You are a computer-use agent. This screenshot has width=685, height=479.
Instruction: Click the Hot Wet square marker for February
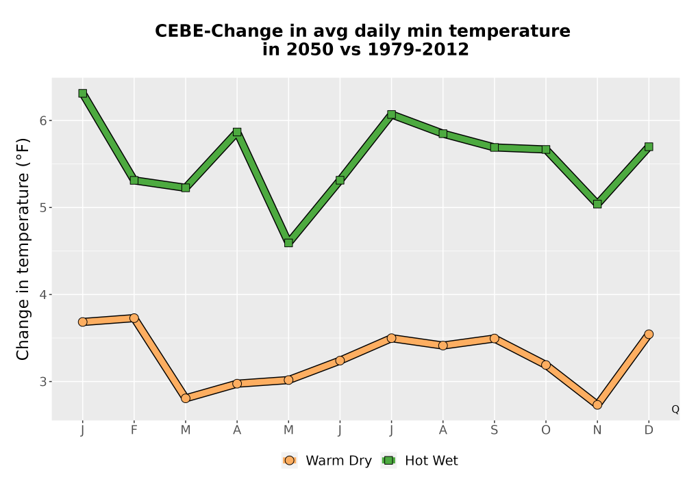pos(134,180)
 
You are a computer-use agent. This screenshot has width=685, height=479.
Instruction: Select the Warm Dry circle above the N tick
pos(597,405)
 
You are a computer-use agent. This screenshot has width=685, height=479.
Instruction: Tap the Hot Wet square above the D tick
pos(649,146)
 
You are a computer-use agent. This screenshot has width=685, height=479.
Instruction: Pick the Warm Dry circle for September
pos(494,339)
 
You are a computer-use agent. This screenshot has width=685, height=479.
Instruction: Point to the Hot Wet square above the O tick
pos(546,149)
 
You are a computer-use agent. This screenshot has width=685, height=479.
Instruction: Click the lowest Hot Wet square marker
pos(288,242)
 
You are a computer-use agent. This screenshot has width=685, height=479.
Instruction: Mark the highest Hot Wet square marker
pos(83,93)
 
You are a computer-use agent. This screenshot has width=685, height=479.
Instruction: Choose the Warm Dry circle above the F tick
pos(134,318)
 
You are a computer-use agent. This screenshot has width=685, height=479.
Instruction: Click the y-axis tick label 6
pos(42,120)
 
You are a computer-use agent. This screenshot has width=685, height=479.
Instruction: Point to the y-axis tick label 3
pos(42,382)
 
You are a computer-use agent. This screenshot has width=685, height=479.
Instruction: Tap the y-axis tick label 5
pos(42,207)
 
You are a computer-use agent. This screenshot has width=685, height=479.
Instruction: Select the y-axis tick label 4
pos(42,294)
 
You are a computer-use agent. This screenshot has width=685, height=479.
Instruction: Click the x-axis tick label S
pos(494,430)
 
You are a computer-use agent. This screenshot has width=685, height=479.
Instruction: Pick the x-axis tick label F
pos(134,430)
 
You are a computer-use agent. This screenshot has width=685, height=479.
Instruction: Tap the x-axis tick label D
pos(649,430)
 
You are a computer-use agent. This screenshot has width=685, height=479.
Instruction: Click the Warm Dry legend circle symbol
pos(289,461)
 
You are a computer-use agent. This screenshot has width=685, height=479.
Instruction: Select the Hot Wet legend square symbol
pos(388,461)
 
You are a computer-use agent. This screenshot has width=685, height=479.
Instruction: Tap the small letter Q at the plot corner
pos(675,409)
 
